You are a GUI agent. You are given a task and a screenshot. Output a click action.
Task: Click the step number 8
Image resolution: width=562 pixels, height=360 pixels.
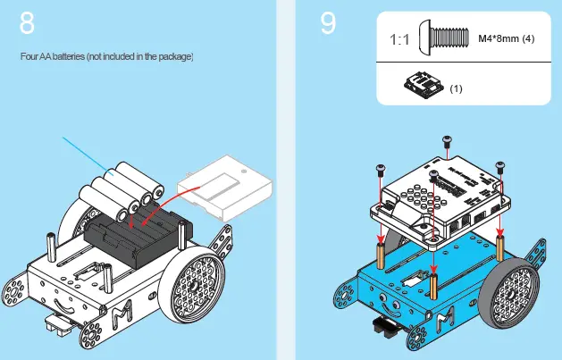click(28, 24)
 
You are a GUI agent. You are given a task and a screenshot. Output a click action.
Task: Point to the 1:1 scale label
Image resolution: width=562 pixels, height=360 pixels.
click(400, 40)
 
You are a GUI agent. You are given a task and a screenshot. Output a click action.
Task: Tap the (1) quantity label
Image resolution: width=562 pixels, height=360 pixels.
click(456, 88)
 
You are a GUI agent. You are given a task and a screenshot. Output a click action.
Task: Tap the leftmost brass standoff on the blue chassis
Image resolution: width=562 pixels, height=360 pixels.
click(382, 255)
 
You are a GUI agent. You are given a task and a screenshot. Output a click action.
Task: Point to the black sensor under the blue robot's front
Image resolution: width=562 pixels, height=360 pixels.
click(391, 327)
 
